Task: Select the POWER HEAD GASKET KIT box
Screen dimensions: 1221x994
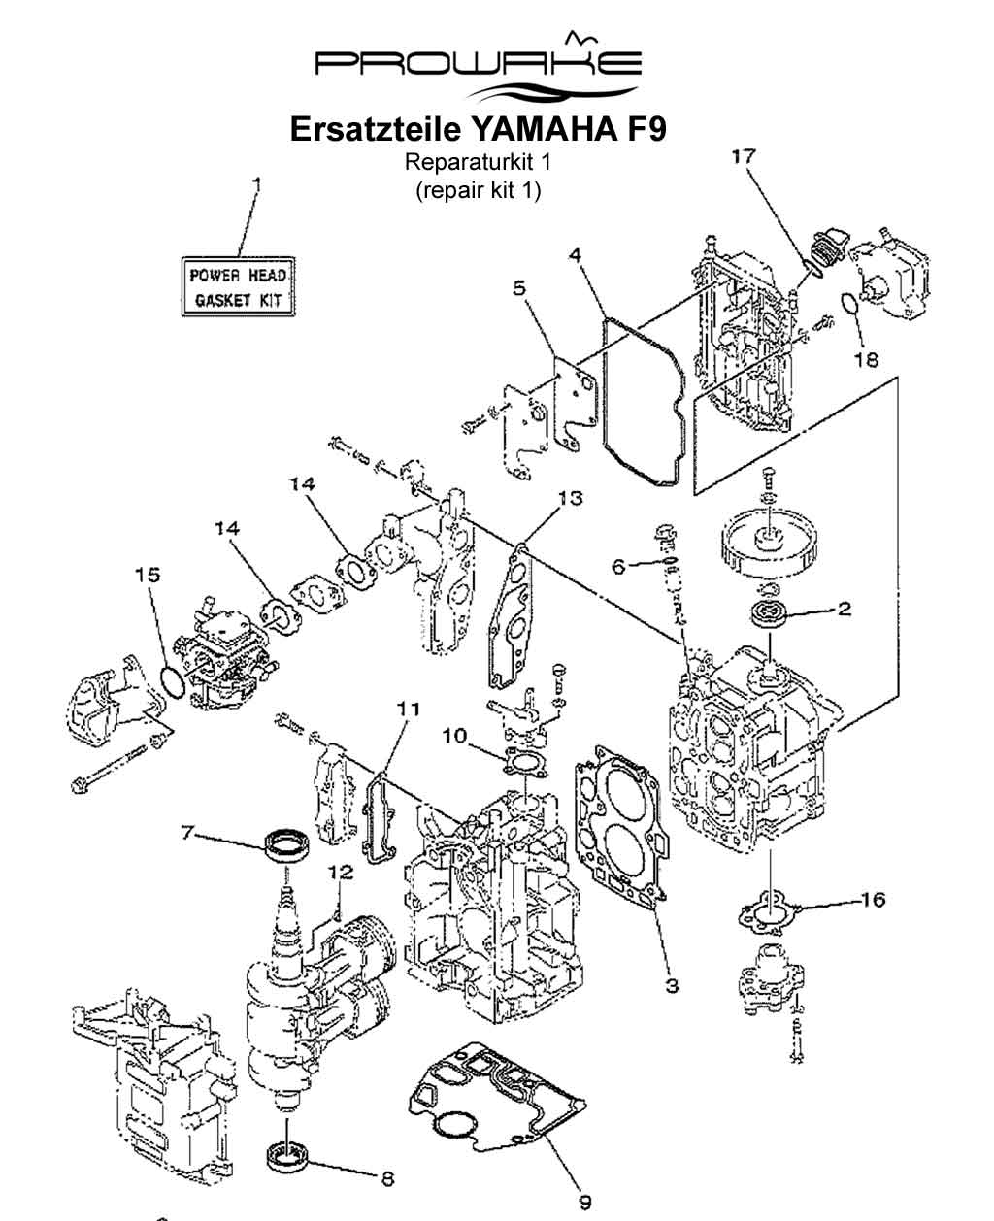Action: [x=238, y=286]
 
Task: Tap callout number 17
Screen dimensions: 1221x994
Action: [x=744, y=155]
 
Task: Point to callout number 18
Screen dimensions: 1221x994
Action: [x=866, y=359]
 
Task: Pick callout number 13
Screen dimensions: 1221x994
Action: [x=570, y=498]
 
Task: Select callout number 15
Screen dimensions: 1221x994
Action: [x=147, y=575]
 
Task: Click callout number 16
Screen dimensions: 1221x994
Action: [x=873, y=900]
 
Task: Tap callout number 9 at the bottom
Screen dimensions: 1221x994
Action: [x=584, y=1202]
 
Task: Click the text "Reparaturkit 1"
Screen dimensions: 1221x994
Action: [x=478, y=161]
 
